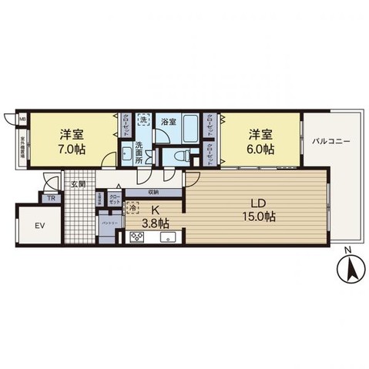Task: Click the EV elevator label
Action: pos(39,226)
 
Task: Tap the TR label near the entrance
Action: pos(52,198)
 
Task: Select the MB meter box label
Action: pos(22,119)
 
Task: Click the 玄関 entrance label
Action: pos(79,184)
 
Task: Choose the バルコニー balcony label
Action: pos(331,143)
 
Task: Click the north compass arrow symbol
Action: pos(347,270)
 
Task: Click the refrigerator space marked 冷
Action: pos(133,208)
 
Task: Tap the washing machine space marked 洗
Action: pos(143,119)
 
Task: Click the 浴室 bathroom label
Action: pos(167,122)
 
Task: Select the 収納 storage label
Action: pos(153,192)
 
